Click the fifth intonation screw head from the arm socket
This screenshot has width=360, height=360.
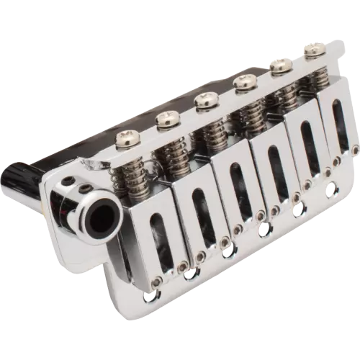(x=279, y=66)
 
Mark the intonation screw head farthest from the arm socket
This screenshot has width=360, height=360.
(x=313, y=50)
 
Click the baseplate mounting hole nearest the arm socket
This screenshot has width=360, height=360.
(x=150, y=297)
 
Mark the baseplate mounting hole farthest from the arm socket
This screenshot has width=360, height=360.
(x=332, y=191)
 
